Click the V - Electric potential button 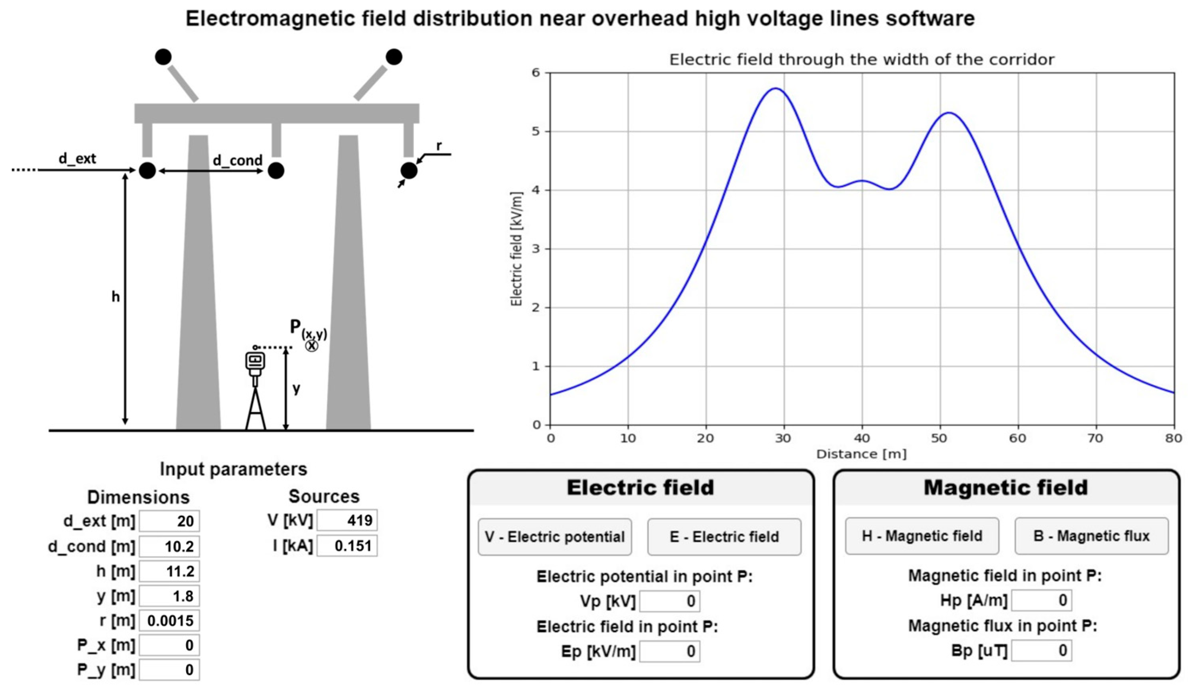point(554,537)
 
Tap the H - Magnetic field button point(921,536)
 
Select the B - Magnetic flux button point(1091,536)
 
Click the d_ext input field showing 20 point(169,521)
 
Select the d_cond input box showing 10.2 point(169,546)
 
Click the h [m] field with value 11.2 point(169,571)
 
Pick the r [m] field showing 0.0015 point(169,620)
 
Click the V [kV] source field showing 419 point(347,520)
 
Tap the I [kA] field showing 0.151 point(347,546)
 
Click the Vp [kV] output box point(669,601)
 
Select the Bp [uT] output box point(1041,650)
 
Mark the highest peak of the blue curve point(775,88)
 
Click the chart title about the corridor point(862,60)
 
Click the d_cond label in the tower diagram point(237,160)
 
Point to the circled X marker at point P point(311,346)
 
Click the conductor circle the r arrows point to point(409,170)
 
